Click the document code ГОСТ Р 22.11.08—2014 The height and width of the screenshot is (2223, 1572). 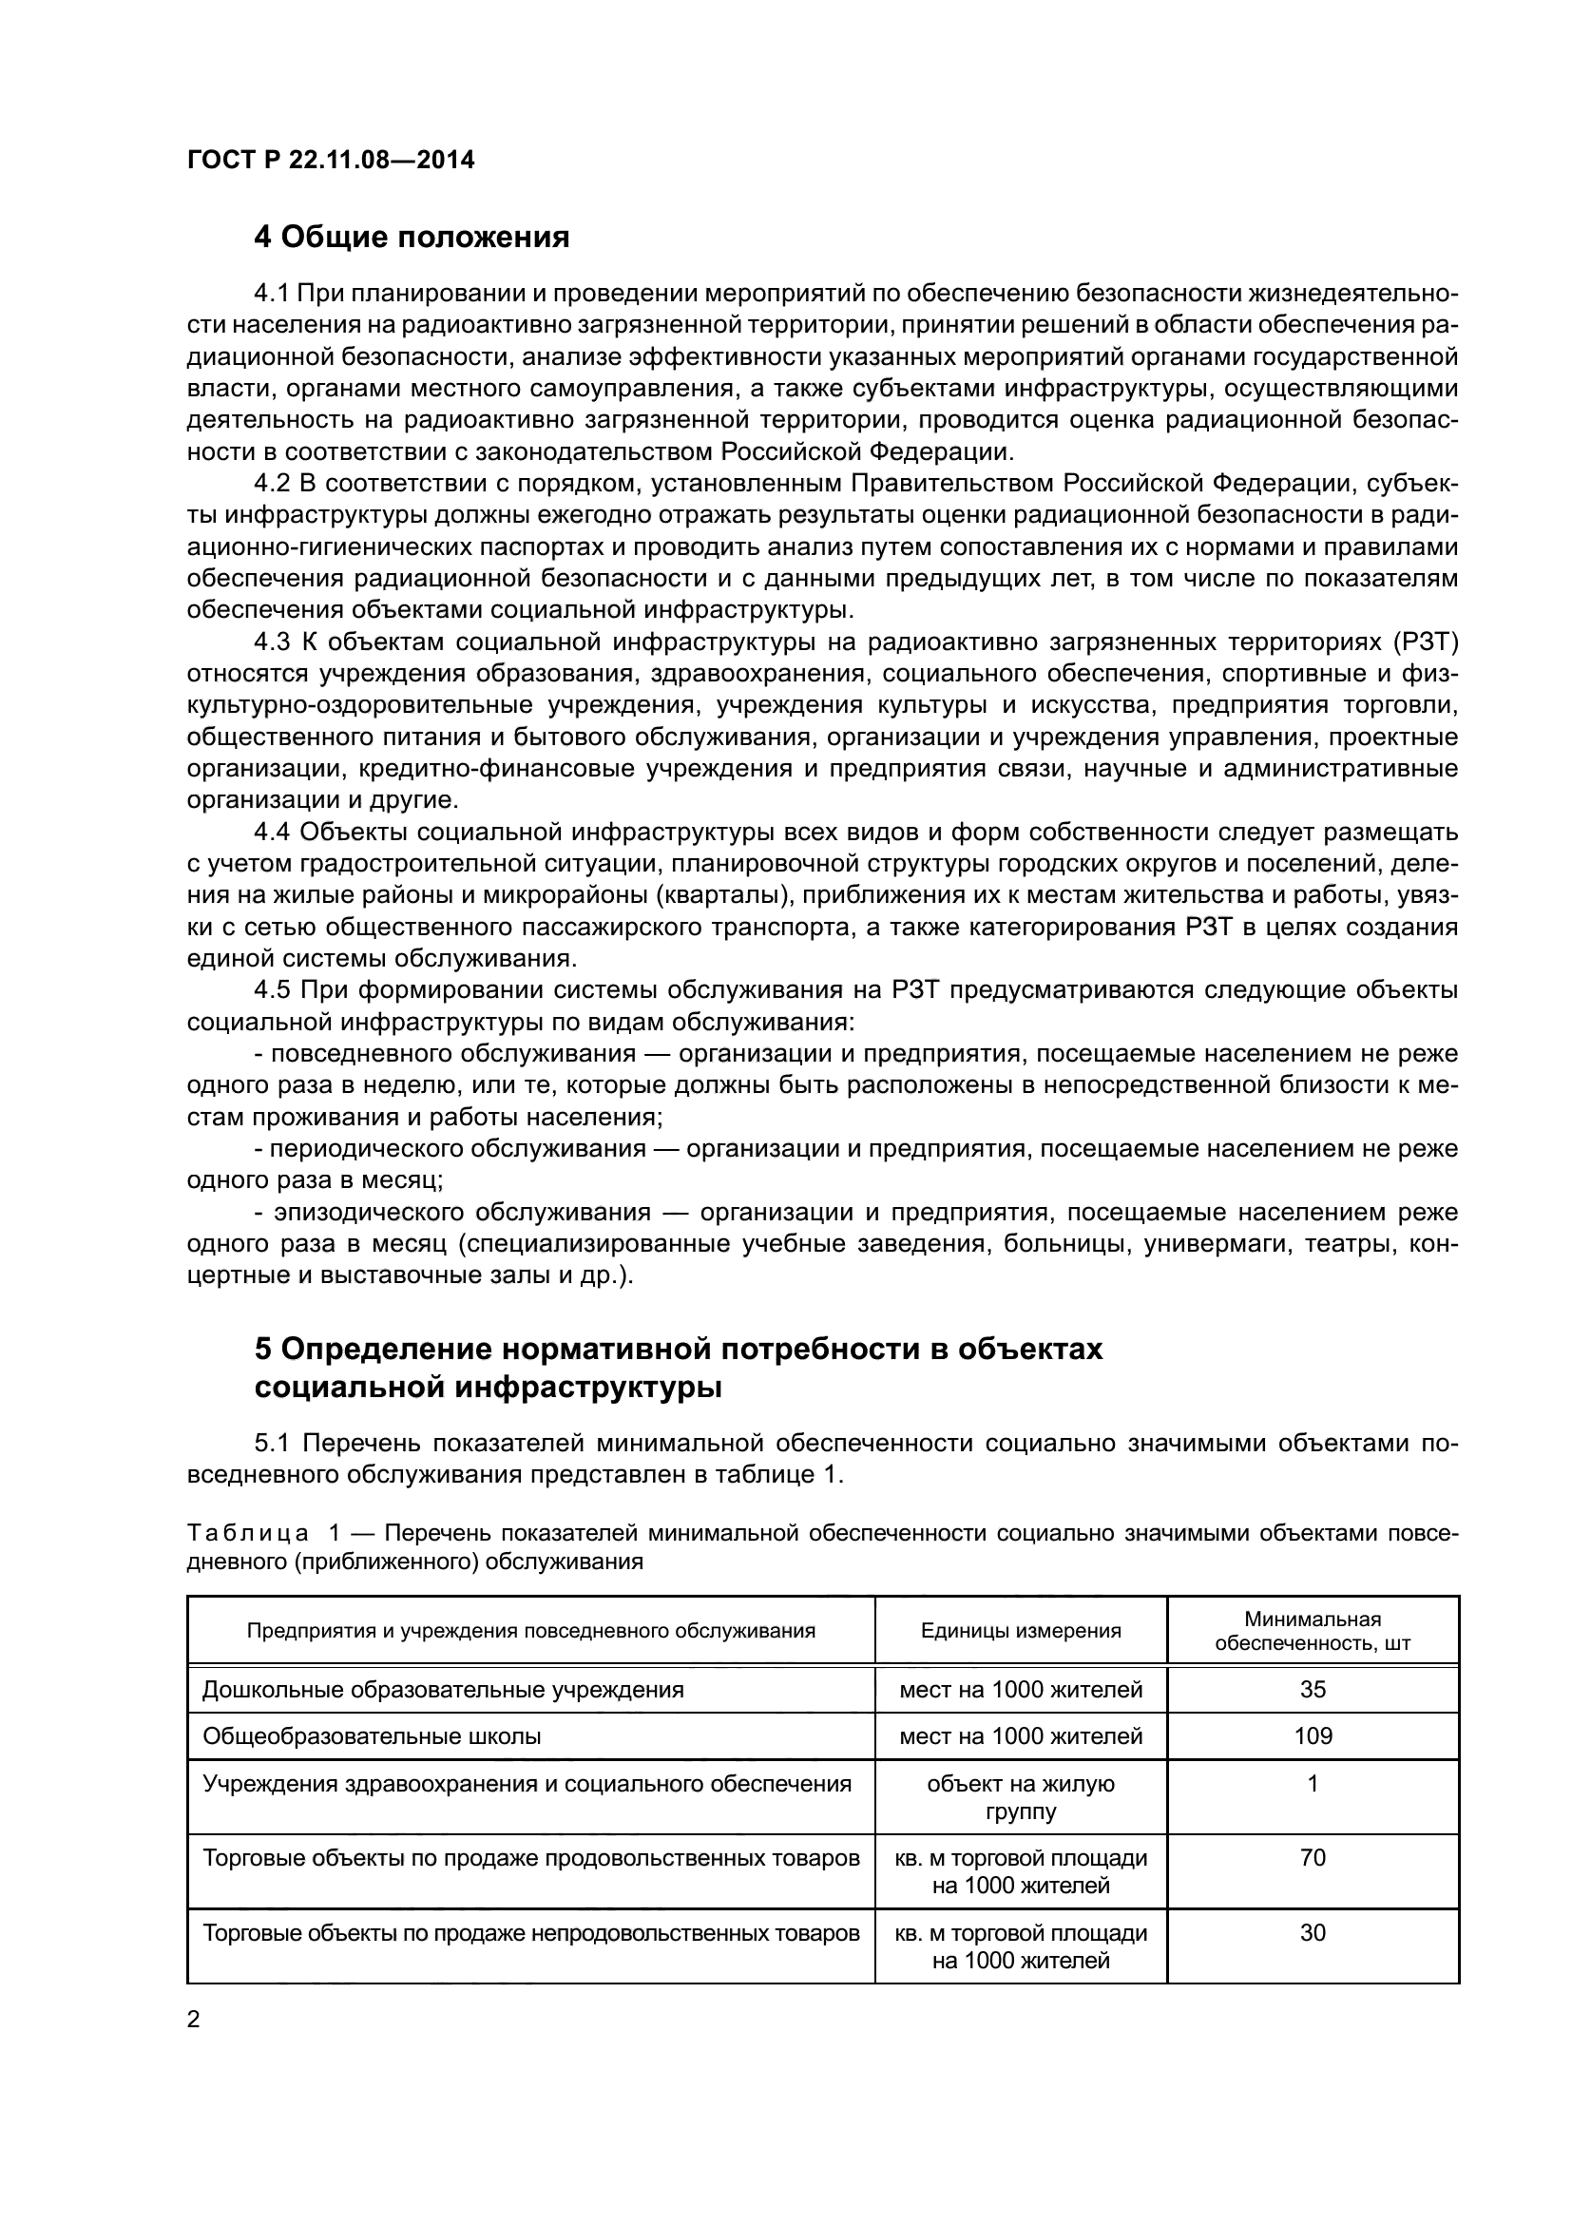click(x=330, y=161)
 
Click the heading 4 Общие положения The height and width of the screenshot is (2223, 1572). click(x=412, y=237)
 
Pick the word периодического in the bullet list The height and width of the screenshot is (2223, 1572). click(x=363, y=1148)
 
